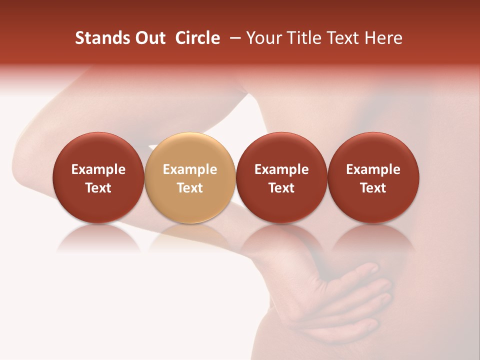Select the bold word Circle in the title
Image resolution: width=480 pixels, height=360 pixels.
(197, 38)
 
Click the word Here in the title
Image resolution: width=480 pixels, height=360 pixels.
(383, 38)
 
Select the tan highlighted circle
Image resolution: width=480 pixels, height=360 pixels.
(189, 177)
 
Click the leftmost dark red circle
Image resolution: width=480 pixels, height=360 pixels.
(98, 177)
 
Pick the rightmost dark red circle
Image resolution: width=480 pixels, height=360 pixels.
(373, 177)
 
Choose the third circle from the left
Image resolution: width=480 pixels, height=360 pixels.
(281, 177)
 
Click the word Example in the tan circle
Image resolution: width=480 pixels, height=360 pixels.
(189, 169)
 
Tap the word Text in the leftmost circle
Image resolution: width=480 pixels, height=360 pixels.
(98, 188)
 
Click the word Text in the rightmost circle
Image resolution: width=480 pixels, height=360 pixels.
(373, 188)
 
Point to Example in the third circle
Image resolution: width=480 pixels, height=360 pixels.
(281, 169)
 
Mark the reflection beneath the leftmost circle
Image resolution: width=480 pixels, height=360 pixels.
(98, 237)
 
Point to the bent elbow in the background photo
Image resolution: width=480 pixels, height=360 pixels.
(30, 160)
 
